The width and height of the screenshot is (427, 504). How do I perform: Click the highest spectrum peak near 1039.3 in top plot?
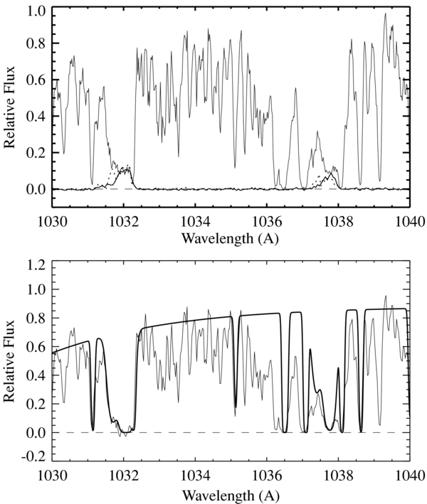(x=385, y=14)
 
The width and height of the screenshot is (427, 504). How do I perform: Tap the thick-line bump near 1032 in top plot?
(x=127, y=169)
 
